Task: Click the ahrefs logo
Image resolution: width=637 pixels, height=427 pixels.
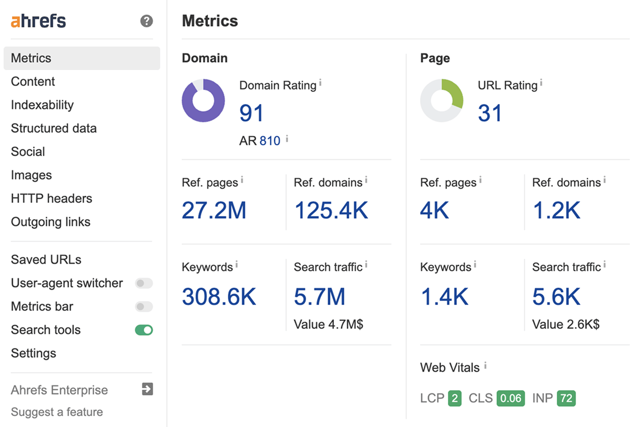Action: click(x=38, y=21)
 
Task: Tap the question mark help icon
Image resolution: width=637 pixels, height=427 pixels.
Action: click(x=146, y=21)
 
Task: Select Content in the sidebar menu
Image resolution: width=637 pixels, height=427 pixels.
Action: click(x=33, y=82)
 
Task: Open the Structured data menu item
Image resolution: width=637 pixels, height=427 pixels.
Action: click(x=54, y=128)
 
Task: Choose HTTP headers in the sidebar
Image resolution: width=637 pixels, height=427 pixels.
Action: click(x=51, y=199)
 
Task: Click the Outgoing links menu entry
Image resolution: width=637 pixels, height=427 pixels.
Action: click(x=51, y=222)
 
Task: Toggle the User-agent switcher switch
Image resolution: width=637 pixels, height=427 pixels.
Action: click(x=144, y=283)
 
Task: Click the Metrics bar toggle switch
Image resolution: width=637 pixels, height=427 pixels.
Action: click(x=144, y=307)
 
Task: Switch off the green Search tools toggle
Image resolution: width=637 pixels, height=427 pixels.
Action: click(x=144, y=330)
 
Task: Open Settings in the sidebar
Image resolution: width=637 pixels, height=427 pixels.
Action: click(x=33, y=353)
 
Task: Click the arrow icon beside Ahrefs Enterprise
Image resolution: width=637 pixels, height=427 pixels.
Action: click(x=147, y=389)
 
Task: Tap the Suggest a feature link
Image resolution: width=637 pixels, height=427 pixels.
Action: click(x=57, y=412)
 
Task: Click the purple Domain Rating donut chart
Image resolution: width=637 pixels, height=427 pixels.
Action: click(x=203, y=101)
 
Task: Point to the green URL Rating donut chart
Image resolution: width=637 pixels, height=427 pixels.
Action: click(x=441, y=101)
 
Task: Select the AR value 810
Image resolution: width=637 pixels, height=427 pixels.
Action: click(x=270, y=141)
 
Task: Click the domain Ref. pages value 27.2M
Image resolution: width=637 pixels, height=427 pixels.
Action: click(x=214, y=211)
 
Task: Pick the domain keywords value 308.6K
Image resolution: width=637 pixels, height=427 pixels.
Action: click(x=219, y=297)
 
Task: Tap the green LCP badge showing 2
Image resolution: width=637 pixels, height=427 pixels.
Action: click(x=454, y=399)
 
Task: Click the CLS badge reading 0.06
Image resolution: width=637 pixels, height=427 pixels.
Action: click(x=511, y=399)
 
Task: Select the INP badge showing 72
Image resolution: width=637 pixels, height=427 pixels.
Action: click(x=566, y=399)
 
